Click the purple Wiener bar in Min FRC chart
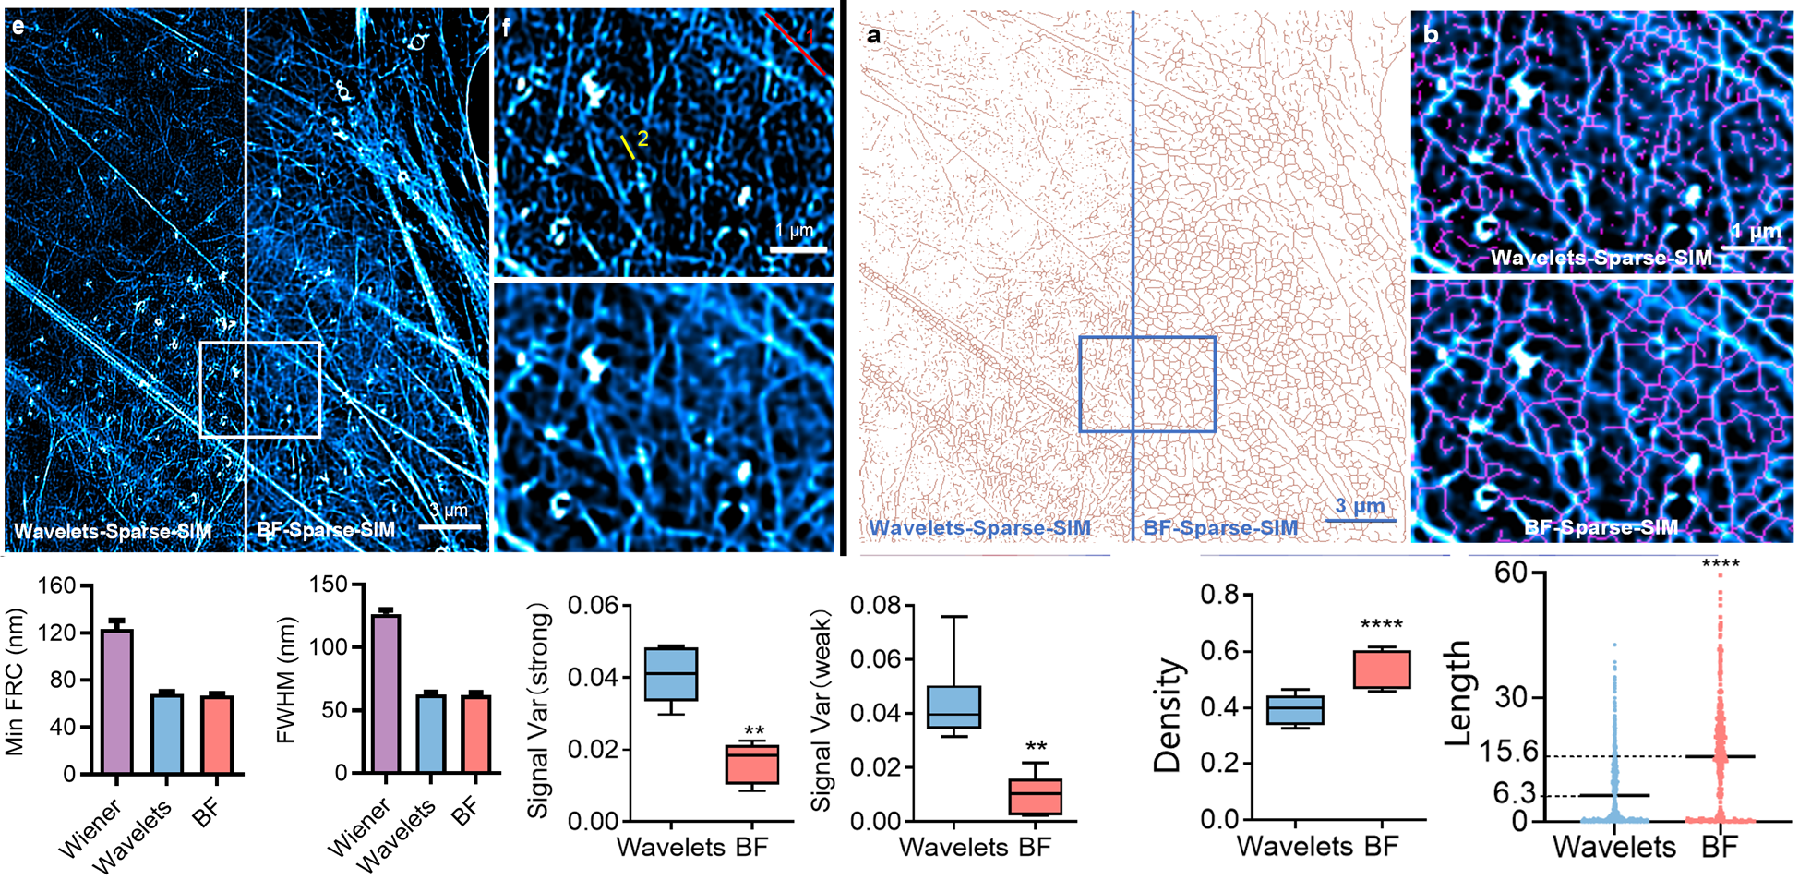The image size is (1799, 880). pyautogui.click(x=117, y=702)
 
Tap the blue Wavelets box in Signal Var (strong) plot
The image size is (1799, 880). pyautogui.click(x=670, y=674)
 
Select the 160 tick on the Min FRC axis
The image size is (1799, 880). pyautogui.click(x=57, y=586)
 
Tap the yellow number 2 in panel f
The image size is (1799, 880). pyautogui.click(x=642, y=139)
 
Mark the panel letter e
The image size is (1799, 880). pyautogui.click(x=18, y=27)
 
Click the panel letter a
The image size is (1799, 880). pyautogui.click(x=873, y=36)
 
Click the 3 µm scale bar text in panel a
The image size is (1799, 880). pyautogui.click(x=1360, y=506)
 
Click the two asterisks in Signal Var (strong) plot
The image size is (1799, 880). pyautogui.click(x=754, y=732)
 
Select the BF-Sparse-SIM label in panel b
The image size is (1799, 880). pyautogui.click(x=1601, y=527)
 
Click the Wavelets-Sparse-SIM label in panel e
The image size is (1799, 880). pyautogui.click(x=113, y=531)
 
